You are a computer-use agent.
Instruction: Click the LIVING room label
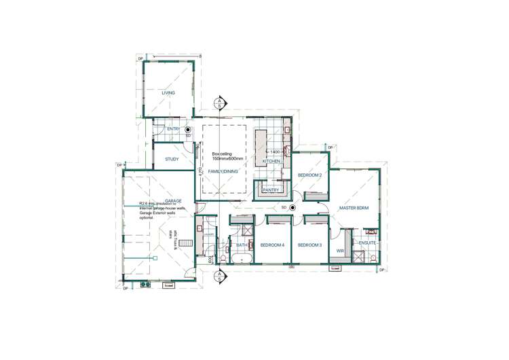tap(168, 93)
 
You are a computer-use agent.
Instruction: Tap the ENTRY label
tap(173, 129)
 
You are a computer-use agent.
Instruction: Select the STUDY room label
tap(172, 159)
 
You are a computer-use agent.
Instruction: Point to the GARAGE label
tap(173, 201)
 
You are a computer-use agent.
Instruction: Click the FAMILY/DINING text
tap(223, 173)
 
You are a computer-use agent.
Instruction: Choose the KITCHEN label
tap(271, 162)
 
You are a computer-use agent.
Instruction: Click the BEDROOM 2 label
tap(309, 175)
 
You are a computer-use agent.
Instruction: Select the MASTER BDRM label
tap(354, 208)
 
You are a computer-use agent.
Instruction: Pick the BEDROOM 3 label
tap(309, 245)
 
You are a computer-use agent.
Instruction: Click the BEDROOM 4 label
tap(272, 245)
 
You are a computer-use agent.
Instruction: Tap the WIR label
tap(341, 251)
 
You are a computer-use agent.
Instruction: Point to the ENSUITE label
tap(367, 242)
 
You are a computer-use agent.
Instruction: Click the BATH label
tap(241, 245)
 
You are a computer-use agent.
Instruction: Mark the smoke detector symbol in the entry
tap(188, 129)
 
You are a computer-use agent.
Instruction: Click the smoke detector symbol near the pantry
tap(292, 207)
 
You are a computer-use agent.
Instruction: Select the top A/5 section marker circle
tap(219, 103)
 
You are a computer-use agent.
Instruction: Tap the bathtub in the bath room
tap(241, 259)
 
